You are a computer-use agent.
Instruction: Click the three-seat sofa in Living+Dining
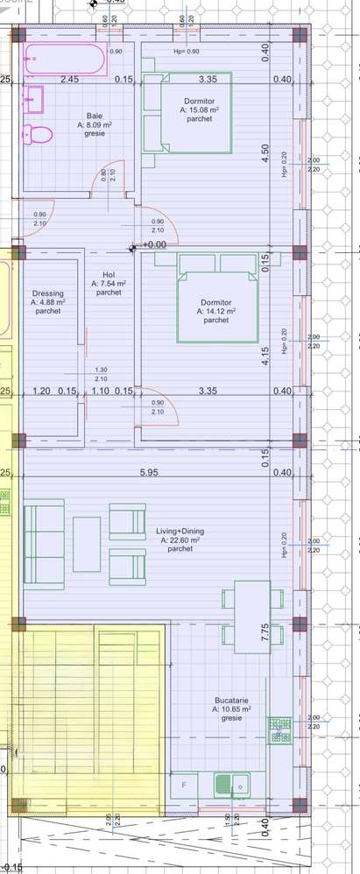click(x=43, y=543)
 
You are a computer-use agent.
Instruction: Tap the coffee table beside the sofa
click(x=87, y=543)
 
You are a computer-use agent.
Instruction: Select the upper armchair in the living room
click(x=126, y=521)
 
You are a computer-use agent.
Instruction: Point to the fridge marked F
click(x=184, y=785)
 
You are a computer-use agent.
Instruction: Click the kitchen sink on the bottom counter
click(x=236, y=785)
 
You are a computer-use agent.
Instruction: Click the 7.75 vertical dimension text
click(x=264, y=633)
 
